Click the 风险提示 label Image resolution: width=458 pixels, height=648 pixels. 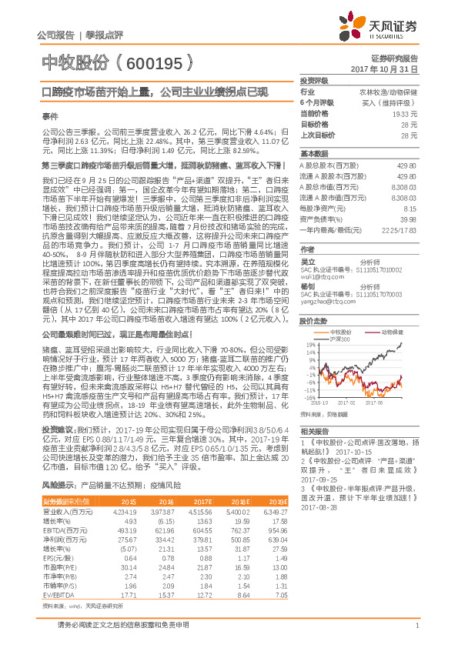point(59,486)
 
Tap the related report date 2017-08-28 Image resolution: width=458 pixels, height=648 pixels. point(320,508)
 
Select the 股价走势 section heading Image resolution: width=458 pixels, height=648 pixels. point(314,320)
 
